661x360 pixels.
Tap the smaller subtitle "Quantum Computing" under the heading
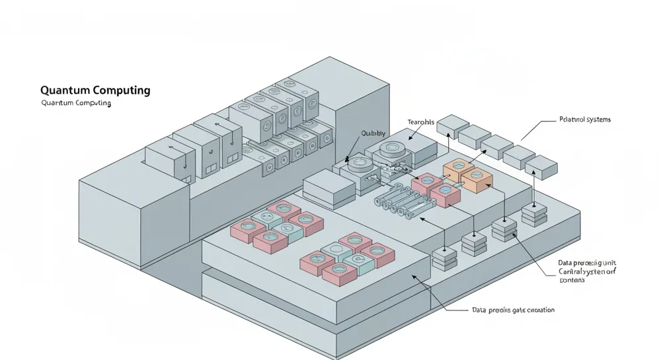[76, 104]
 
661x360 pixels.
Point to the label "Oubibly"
[373, 133]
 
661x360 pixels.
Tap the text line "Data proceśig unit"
[587, 264]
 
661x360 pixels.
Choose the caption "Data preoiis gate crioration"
[514, 310]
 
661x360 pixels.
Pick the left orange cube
[457, 170]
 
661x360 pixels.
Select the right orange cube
[477, 178]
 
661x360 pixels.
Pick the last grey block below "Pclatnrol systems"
[541, 167]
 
